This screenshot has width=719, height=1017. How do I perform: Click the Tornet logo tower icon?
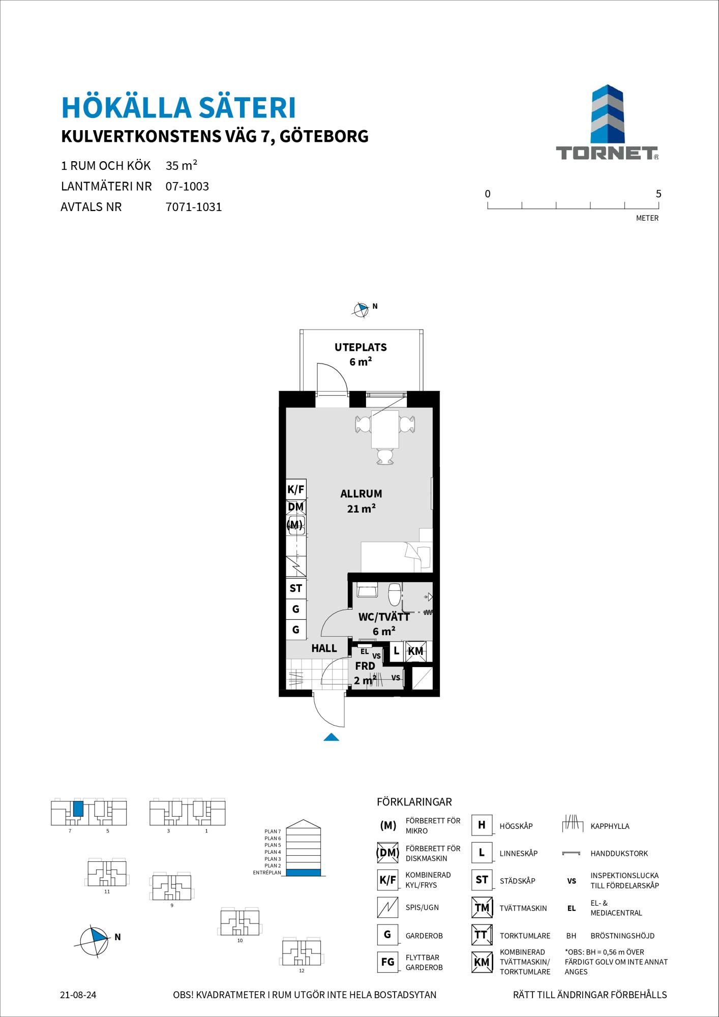(x=607, y=114)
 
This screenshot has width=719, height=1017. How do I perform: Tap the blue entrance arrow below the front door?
(x=331, y=737)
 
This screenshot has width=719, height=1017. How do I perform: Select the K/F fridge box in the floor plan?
(x=296, y=490)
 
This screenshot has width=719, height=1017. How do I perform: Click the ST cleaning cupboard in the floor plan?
(x=296, y=588)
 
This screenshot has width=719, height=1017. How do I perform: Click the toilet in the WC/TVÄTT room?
(x=395, y=593)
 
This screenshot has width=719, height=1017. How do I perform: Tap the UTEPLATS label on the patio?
(x=361, y=347)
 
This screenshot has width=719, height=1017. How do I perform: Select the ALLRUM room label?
(x=361, y=493)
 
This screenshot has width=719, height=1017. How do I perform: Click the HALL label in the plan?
(x=324, y=648)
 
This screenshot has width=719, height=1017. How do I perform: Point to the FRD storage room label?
(x=365, y=666)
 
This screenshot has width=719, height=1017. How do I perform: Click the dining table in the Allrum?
(x=385, y=429)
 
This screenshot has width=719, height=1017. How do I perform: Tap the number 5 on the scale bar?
(x=658, y=194)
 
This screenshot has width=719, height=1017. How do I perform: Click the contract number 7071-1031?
(x=194, y=207)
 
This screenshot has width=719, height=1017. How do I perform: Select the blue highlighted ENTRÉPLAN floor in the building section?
(x=304, y=873)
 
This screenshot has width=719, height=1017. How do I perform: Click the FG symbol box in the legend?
(x=387, y=962)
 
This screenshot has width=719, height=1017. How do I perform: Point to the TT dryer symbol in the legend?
(x=482, y=935)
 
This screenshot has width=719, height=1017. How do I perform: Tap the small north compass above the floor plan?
(x=361, y=310)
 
